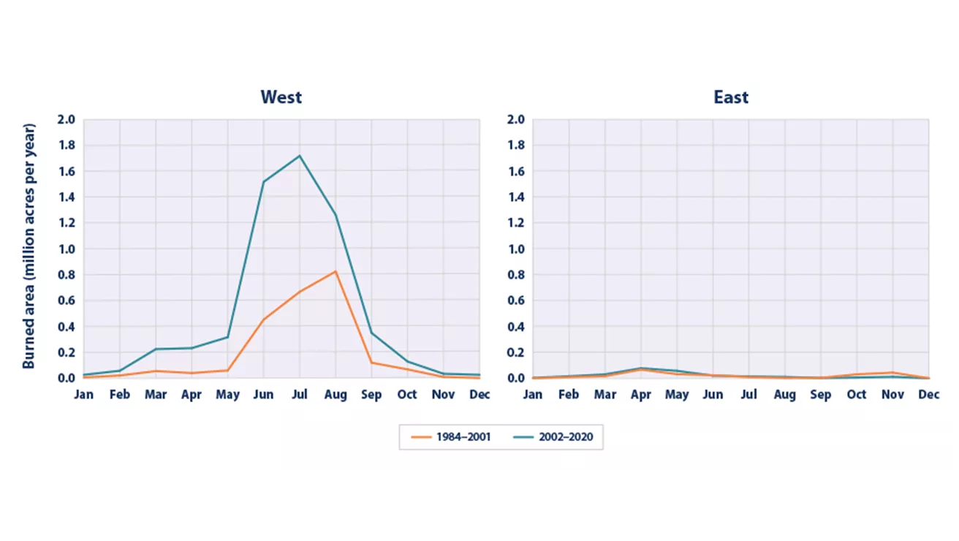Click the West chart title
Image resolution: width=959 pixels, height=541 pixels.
coord(281,97)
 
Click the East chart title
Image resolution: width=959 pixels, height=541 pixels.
coord(731,97)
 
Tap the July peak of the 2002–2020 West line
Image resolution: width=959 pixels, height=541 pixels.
coord(300,156)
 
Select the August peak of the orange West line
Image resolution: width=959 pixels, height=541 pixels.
coord(336,271)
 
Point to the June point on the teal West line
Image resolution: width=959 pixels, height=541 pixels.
coord(263,181)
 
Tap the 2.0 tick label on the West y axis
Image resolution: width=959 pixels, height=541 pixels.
coord(67,119)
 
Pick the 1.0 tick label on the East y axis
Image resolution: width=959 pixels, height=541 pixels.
coord(516,249)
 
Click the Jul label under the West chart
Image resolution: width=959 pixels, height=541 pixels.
coord(299,395)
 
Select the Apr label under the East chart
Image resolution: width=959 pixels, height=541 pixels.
coord(640,395)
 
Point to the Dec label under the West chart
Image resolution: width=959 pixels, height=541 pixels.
coord(479,395)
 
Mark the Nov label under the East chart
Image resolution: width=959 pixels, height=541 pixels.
coord(892,395)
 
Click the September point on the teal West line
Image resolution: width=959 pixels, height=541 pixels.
coord(371,333)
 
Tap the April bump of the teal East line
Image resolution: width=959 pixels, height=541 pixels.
coord(641,368)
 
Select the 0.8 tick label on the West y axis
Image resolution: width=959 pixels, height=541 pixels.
coord(67,275)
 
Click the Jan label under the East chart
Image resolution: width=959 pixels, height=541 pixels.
coord(533,395)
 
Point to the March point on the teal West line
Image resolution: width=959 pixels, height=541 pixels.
coord(156,349)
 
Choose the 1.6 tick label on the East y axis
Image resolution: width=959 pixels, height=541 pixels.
coord(516,171)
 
